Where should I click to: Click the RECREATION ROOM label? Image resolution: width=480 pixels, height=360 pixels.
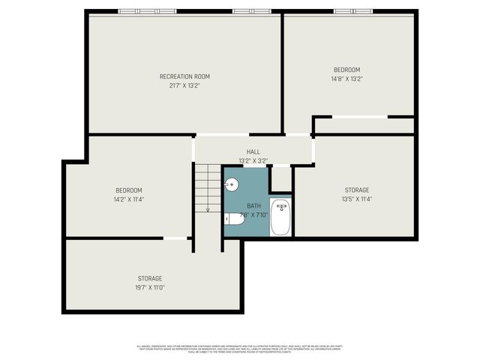184,76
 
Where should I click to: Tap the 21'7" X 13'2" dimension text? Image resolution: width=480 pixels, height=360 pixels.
184,85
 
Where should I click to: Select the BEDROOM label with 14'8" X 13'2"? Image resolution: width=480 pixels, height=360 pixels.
346,70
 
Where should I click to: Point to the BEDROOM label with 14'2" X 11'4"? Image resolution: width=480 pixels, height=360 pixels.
128,190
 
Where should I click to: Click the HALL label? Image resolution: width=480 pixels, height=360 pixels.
253,152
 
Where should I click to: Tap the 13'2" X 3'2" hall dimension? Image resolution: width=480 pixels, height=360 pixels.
253,160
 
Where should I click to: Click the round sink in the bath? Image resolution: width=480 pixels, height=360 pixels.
232,183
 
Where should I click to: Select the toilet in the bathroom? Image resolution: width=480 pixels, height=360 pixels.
233,219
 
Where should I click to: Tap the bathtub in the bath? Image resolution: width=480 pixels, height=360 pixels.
280,217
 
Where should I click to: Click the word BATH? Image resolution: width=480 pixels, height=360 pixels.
254,206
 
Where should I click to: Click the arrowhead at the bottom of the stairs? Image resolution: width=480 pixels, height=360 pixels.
208,211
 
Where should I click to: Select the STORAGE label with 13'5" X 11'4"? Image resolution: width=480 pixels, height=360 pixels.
357,190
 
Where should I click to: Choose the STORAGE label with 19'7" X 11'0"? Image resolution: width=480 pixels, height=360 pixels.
150,278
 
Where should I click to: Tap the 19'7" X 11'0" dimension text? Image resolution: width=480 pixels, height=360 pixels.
150,287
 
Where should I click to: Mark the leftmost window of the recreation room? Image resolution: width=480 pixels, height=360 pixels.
139,11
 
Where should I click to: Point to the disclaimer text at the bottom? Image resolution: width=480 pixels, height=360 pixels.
240,348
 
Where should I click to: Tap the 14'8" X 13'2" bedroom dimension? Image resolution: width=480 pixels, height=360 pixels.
346,79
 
